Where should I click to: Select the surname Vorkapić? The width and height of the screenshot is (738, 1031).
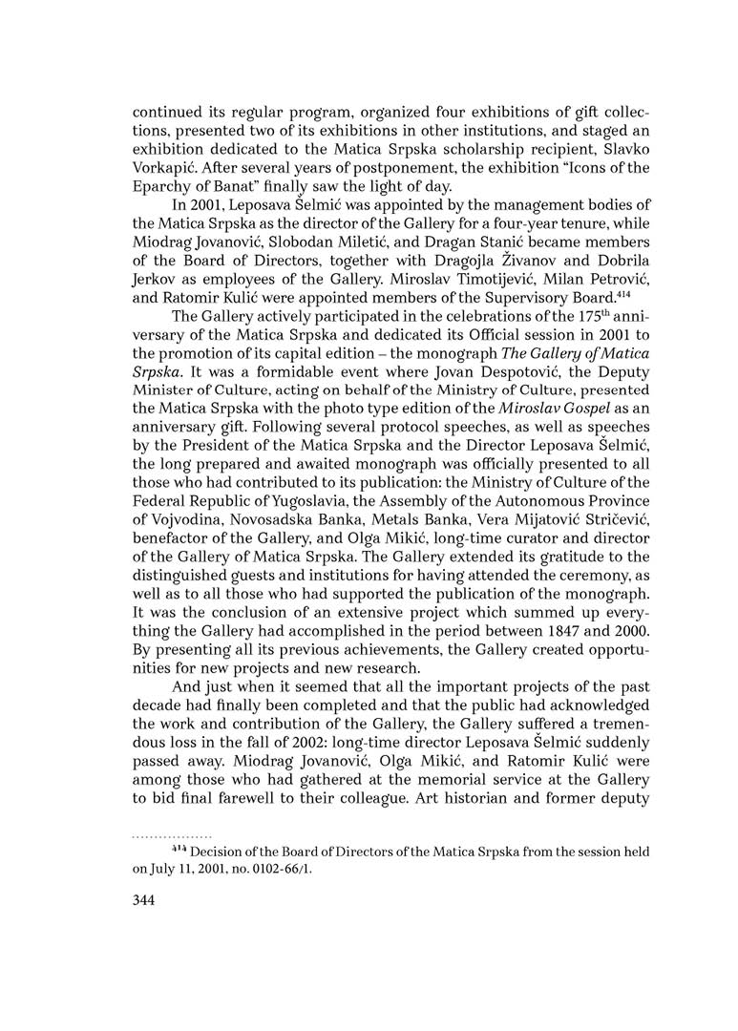coord(164,168)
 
